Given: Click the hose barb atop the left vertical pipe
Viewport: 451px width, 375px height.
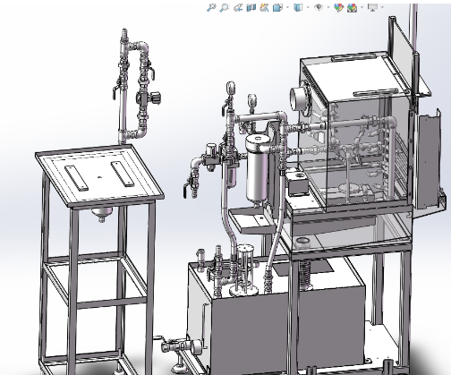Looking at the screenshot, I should (x=123, y=37).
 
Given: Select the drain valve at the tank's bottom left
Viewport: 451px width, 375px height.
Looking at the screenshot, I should (x=184, y=344).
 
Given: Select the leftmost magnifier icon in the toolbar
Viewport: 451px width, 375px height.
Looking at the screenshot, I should (x=211, y=7).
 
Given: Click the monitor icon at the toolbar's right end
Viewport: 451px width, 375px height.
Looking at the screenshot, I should (x=371, y=7).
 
